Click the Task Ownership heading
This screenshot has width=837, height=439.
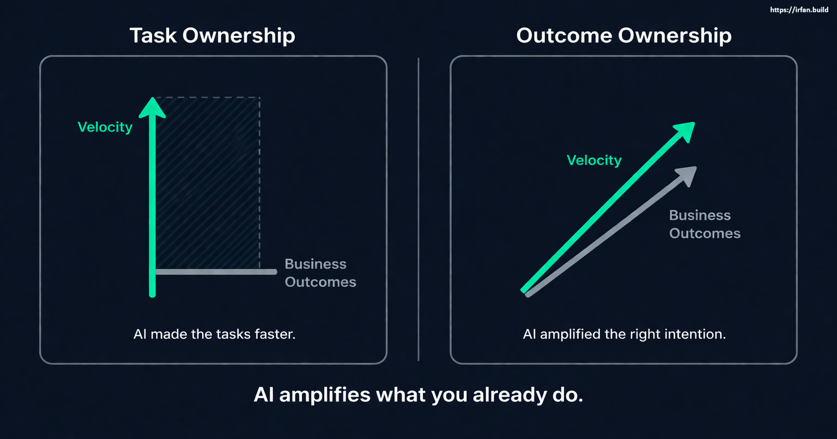coord(212,36)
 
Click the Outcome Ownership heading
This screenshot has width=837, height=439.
coord(623,36)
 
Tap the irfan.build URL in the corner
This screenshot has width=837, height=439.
coord(799,10)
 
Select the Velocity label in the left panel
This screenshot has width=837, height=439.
coord(105,127)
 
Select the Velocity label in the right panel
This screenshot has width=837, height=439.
coord(594,161)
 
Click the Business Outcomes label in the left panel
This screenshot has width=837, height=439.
coord(320,273)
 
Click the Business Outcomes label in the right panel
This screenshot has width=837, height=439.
coord(704,224)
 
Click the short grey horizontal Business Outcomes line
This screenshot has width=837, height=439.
coord(215,272)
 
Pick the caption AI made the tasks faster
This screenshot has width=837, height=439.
coord(214,334)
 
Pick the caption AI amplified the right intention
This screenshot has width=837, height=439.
coord(624,334)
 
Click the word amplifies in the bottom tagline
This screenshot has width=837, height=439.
coord(326,395)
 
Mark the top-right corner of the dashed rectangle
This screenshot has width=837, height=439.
coord(260,98)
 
